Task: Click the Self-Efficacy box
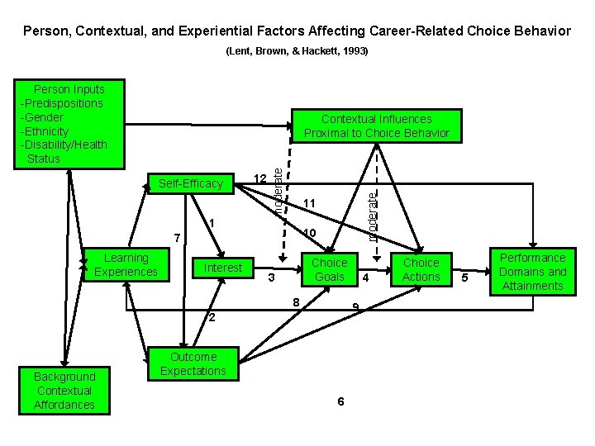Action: [x=191, y=183]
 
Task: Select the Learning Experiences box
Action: [x=126, y=265]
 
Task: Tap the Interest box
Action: [x=223, y=268]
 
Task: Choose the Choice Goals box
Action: [x=329, y=270]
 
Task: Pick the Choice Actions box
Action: [x=421, y=270]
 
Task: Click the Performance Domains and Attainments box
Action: [x=533, y=272]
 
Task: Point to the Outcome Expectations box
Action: [x=193, y=364]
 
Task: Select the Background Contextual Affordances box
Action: [x=64, y=391]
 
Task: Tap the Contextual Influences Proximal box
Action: [x=376, y=126]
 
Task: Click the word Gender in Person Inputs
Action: [x=45, y=117]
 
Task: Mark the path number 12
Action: [x=259, y=179]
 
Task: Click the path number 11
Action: [x=310, y=203]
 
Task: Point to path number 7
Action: [x=175, y=239]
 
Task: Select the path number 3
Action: [x=271, y=278]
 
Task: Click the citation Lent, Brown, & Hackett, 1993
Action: [x=297, y=51]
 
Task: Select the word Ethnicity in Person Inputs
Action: [x=47, y=131]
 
